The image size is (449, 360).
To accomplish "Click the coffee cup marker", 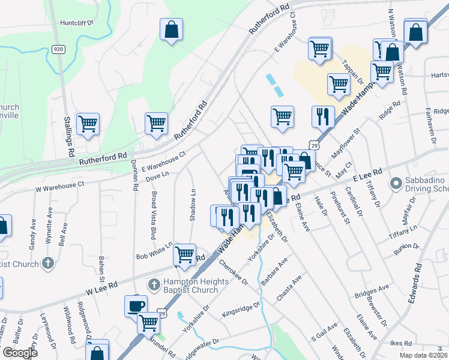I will [135, 306].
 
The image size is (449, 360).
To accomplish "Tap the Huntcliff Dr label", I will [77, 23].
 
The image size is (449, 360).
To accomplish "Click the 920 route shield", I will [58, 49].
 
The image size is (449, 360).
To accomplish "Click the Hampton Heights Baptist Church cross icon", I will [154, 284].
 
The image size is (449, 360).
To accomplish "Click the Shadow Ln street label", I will [193, 206].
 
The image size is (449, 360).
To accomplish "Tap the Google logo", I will [20, 353].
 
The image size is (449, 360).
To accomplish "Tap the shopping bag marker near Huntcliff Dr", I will [171, 30].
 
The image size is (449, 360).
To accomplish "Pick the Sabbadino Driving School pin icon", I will [396, 182].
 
